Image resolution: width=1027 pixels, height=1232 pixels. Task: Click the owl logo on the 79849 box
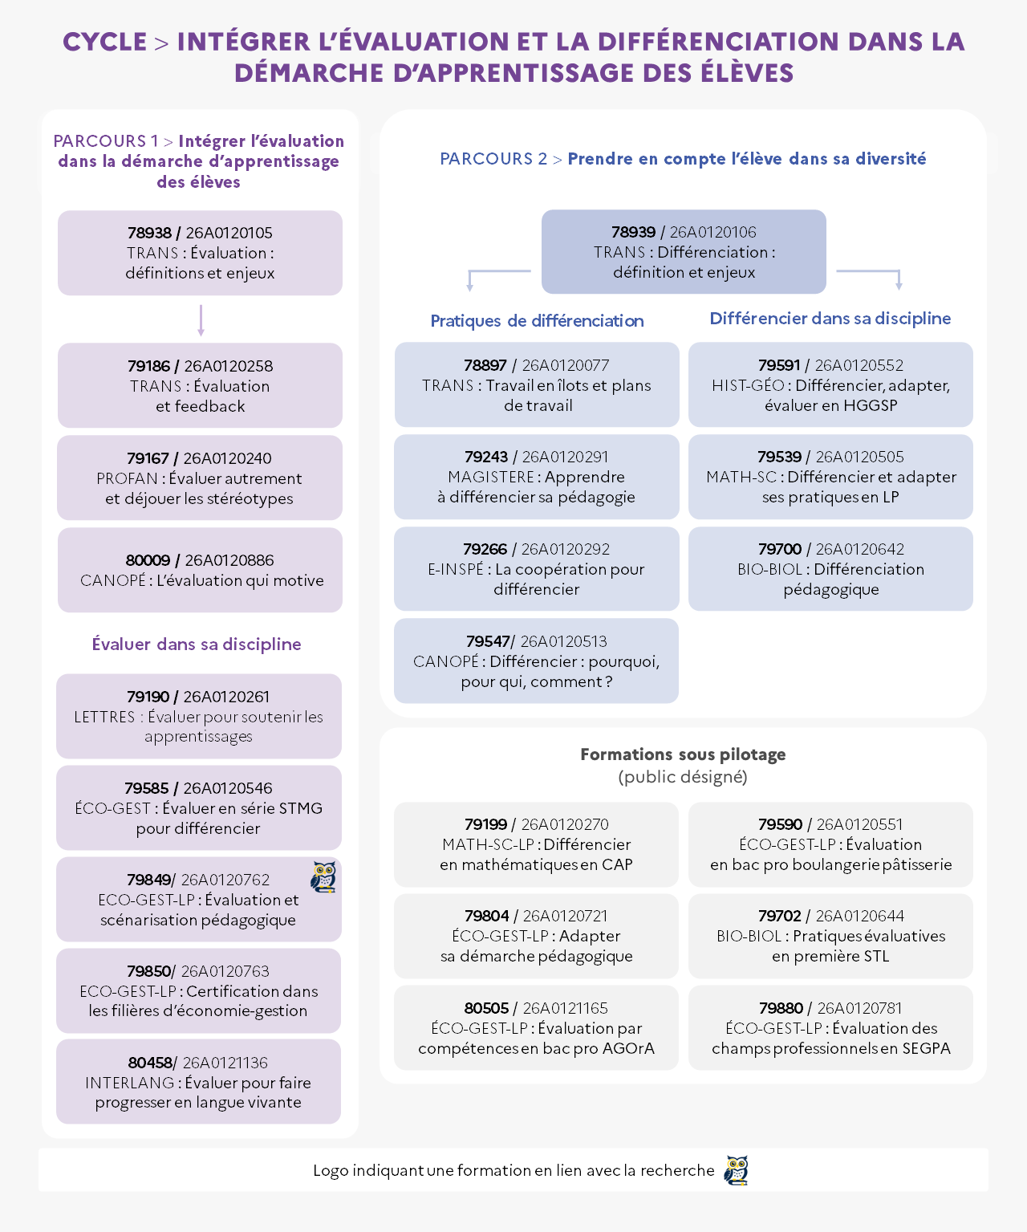(x=323, y=876)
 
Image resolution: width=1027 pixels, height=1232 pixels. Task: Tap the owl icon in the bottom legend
(x=737, y=1170)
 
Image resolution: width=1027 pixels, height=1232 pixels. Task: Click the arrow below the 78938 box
(x=201, y=320)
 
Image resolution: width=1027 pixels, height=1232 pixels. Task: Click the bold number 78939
(x=633, y=232)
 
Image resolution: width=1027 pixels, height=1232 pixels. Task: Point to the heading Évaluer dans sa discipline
(x=197, y=644)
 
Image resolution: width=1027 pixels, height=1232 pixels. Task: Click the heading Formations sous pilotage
(x=683, y=754)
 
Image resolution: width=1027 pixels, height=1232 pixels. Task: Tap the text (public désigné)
(x=683, y=776)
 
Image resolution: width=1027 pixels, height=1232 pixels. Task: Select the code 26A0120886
(x=229, y=560)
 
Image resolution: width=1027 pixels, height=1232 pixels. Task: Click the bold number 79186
(x=148, y=366)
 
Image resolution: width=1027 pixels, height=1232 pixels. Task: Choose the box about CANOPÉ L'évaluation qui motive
(x=200, y=570)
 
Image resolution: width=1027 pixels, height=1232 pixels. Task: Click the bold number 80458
(x=150, y=1063)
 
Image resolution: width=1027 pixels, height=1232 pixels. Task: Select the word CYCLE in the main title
(x=105, y=42)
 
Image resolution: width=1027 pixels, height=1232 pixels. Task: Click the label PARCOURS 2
(x=493, y=159)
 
